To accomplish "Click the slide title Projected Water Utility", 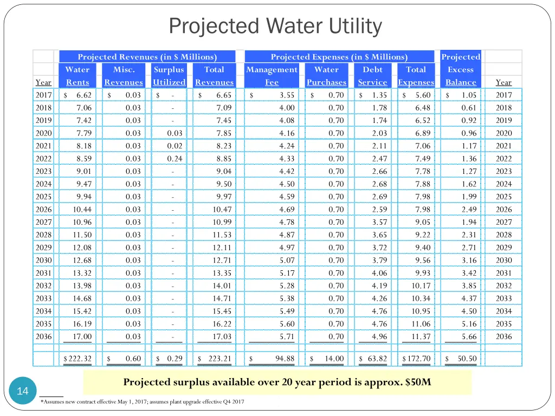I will [275, 25].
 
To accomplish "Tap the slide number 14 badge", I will [23, 391].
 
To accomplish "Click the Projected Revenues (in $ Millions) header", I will [147, 57].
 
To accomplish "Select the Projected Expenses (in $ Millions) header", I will [339, 57].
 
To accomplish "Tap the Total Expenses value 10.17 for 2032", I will [422, 285].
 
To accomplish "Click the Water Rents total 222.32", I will [78, 359].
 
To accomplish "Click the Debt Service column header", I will [372, 76].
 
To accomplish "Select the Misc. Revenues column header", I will [124, 76].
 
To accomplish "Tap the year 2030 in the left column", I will [43, 260].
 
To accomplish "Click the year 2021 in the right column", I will [504, 146].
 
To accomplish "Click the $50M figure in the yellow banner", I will [418, 381].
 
